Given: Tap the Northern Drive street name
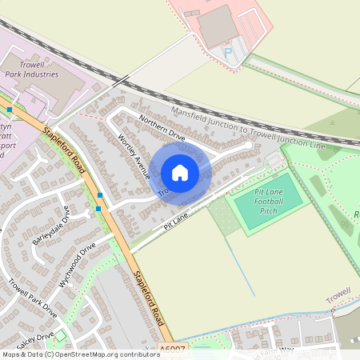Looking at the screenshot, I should click(162, 127).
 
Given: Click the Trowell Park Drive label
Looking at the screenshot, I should click(33, 298).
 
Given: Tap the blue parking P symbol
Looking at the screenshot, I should click(227, 51).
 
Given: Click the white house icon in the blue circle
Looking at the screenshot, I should click(180, 173).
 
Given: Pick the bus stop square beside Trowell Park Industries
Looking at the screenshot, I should click(9, 109).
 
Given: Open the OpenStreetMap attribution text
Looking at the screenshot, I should click(80, 354).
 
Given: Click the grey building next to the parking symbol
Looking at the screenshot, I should click(217, 26).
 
